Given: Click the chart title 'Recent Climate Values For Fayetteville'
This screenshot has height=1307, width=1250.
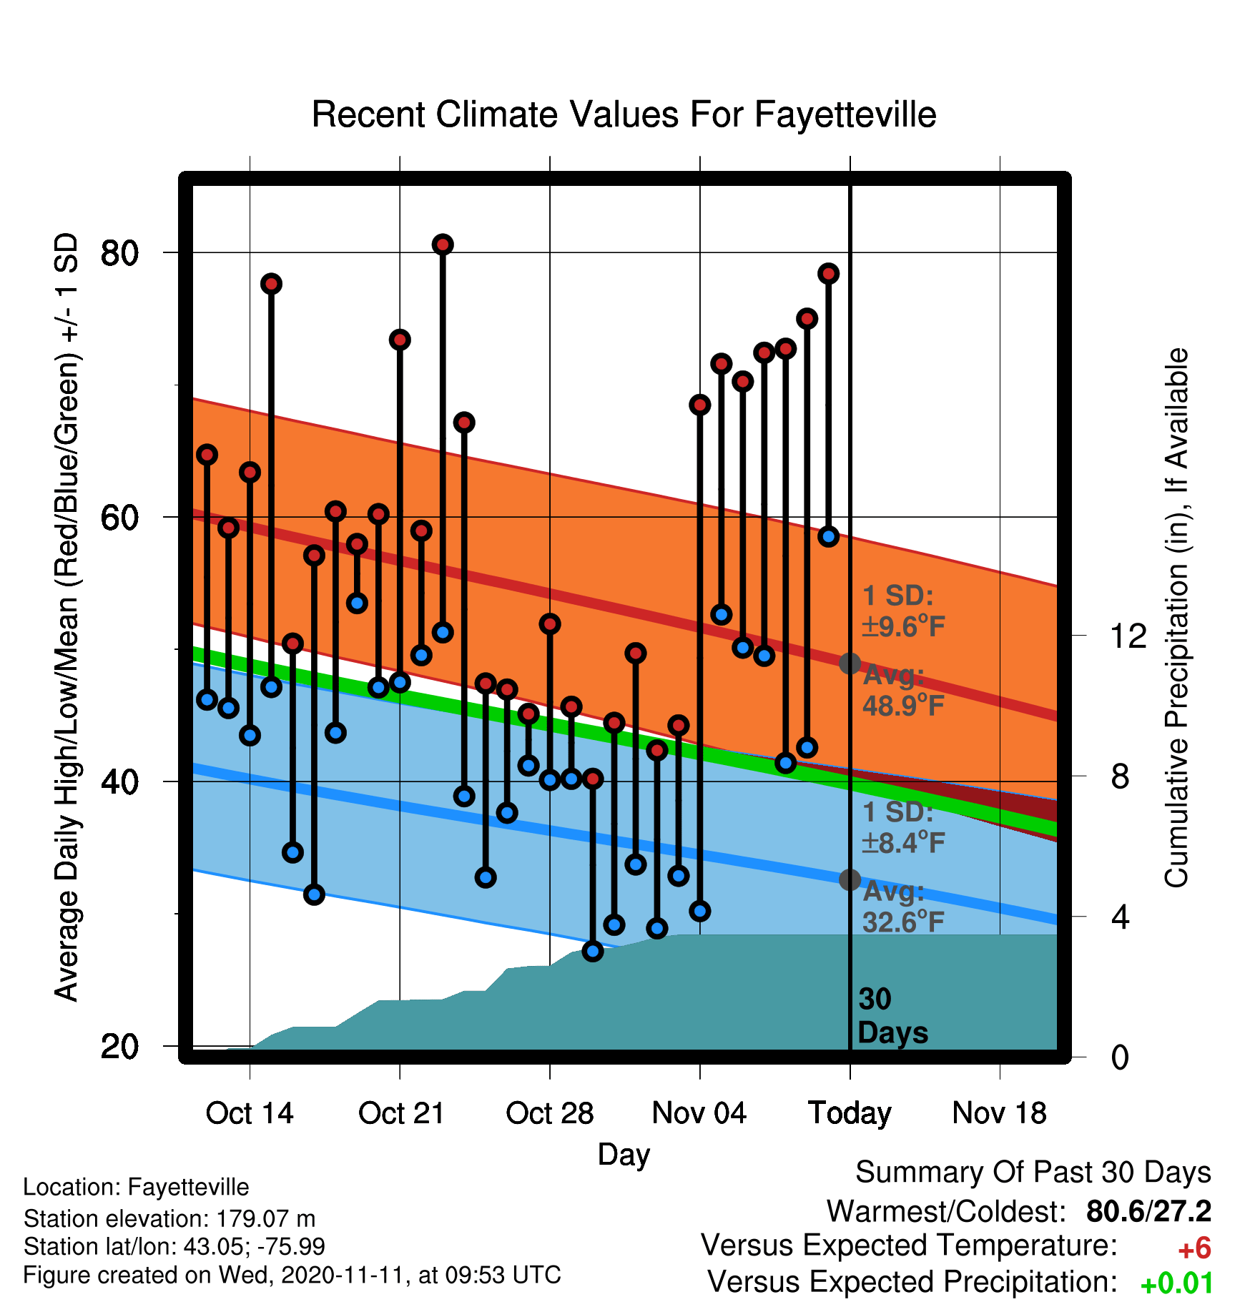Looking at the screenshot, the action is click(x=624, y=115).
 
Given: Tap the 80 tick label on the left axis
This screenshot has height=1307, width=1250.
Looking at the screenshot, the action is click(x=119, y=252).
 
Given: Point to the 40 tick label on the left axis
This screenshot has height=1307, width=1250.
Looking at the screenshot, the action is click(x=119, y=781).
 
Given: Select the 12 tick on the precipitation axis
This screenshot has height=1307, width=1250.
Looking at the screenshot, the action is click(x=1128, y=636).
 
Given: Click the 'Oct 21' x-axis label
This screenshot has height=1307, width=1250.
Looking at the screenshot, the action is click(x=401, y=1113).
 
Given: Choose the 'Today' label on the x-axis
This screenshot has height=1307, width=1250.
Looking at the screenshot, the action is click(x=850, y=1114).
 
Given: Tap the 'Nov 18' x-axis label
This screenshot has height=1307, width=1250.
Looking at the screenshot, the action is click(x=1000, y=1113).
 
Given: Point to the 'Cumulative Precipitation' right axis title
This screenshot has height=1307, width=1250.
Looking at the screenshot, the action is click(x=1176, y=618).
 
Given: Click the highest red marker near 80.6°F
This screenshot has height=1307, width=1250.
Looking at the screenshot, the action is click(x=443, y=245).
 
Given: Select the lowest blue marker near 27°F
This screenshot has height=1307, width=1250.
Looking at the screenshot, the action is click(x=593, y=951).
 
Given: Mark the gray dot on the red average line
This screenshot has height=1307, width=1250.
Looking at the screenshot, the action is click(x=850, y=664).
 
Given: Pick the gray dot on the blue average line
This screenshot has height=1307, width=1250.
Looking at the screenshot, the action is click(x=850, y=879).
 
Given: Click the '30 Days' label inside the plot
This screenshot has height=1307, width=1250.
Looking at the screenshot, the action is click(x=892, y=1016).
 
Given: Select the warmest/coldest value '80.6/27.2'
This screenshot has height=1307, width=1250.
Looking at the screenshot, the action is click(x=1148, y=1211).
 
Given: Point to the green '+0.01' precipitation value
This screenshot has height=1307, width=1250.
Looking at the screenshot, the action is click(x=1176, y=1283).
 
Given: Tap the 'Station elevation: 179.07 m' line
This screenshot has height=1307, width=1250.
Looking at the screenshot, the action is click(x=169, y=1218).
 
